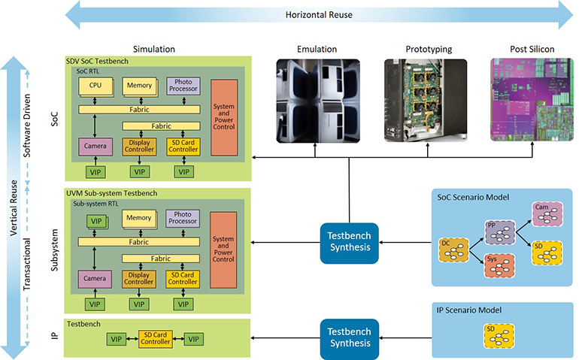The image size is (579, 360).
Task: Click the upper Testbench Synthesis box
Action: click(348, 242)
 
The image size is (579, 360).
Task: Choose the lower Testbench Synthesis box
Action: click(348, 337)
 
